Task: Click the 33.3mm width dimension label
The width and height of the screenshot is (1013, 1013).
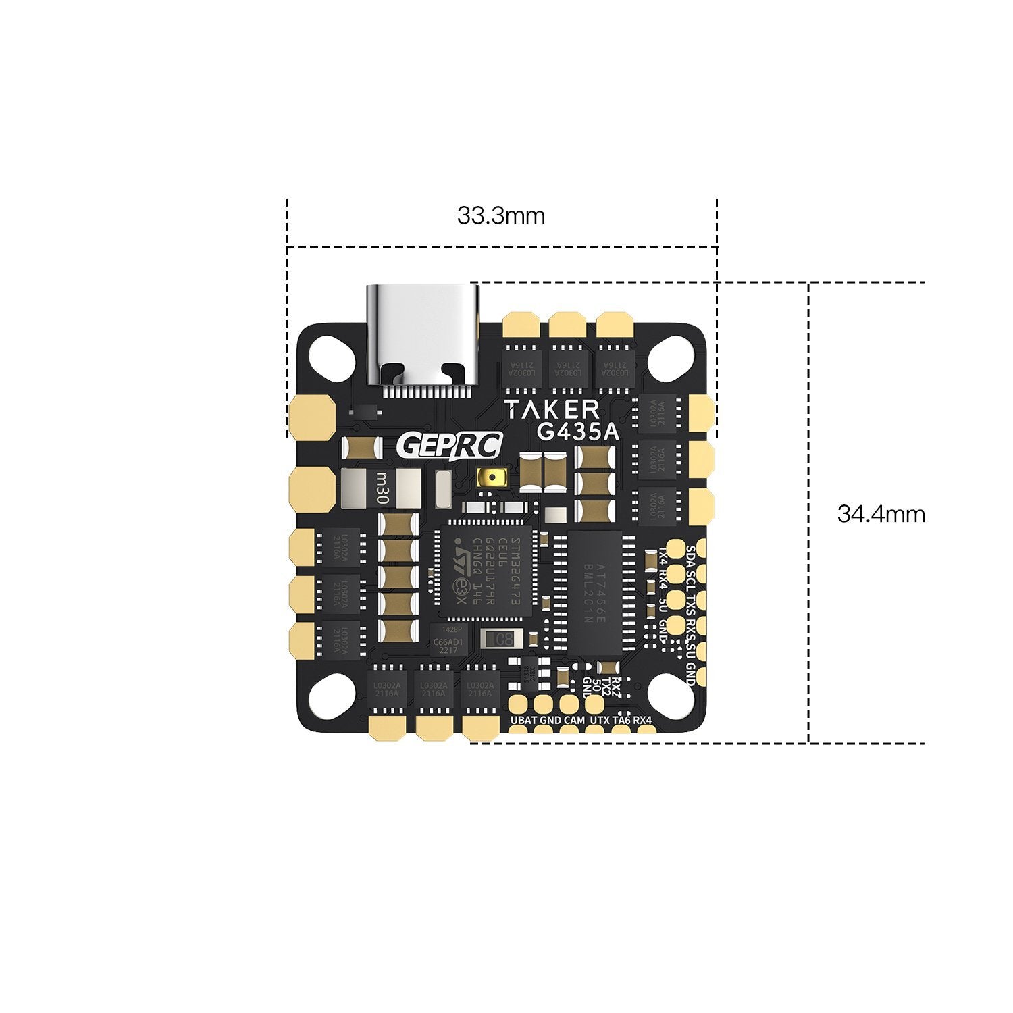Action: [x=500, y=216]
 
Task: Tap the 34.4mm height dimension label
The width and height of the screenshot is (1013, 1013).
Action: [x=881, y=514]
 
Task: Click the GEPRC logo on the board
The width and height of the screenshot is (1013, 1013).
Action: [x=450, y=446]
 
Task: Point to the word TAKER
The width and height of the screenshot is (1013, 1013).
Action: [x=552, y=410]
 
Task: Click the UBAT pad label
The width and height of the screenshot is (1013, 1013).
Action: [x=524, y=721]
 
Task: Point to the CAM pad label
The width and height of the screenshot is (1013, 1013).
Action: [x=574, y=721]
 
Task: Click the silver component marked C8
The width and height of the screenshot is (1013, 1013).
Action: [x=502, y=638]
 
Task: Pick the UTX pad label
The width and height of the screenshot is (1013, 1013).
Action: [x=599, y=721]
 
